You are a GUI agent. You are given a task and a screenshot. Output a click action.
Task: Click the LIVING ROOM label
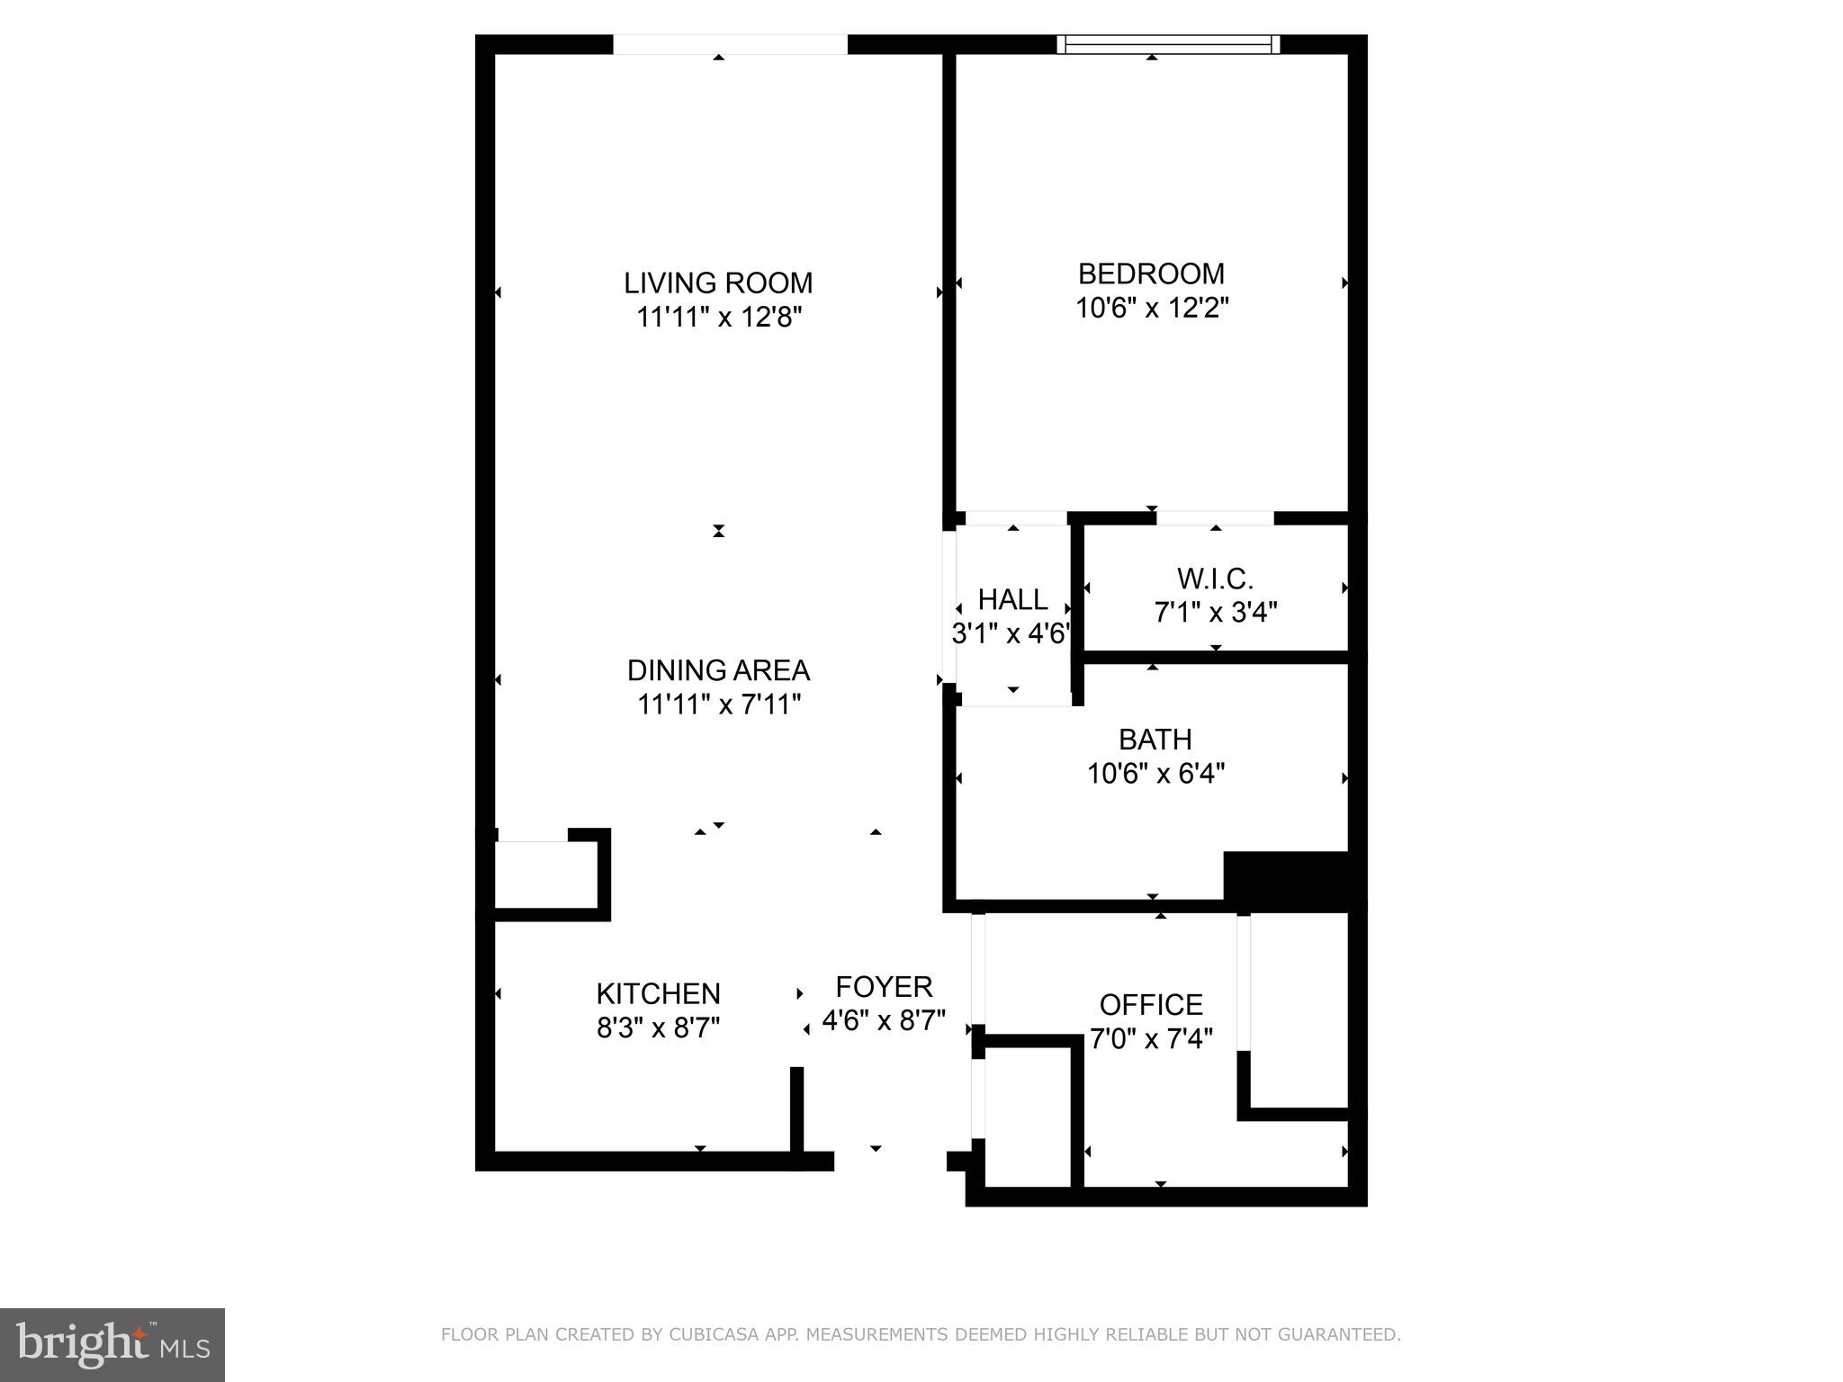point(718,283)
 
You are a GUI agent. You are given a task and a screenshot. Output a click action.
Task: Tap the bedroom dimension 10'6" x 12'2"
point(1152,309)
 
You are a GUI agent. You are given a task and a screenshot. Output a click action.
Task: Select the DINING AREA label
point(718,670)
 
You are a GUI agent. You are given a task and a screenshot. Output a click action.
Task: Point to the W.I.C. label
point(1215,578)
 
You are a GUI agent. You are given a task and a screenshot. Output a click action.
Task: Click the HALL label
point(1012,599)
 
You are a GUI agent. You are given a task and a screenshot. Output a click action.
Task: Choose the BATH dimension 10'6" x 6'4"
point(1155,774)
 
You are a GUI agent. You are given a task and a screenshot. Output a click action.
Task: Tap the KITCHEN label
point(658,993)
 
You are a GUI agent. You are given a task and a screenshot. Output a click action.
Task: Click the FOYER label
point(884,987)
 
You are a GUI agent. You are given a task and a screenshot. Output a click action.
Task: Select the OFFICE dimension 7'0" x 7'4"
point(1151,1039)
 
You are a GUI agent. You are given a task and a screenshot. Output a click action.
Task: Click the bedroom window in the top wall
point(1168,44)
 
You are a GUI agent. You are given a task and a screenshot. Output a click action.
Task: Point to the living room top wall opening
point(730,44)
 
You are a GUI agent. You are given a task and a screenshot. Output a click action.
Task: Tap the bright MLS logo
point(112,1344)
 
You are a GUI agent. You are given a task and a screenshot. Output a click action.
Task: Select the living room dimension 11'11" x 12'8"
point(718,318)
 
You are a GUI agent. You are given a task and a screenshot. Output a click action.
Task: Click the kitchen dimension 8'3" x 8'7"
point(658,1028)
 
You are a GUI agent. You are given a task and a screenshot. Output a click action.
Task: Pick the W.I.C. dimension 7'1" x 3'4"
point(1215,613)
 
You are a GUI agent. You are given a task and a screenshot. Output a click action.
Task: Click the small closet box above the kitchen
point(546,875)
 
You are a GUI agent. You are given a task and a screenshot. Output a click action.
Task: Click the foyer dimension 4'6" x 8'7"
point(884,1020)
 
